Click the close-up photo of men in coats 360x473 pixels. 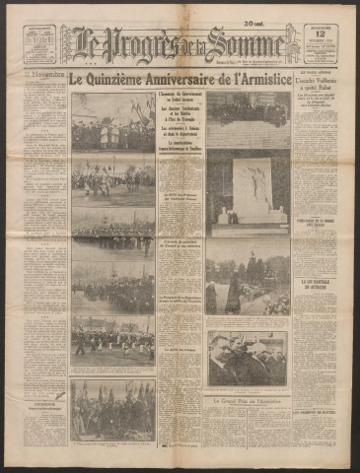coord(247,360)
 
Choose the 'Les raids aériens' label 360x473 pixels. coord(317,97)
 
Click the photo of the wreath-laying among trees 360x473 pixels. coord(247,283)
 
